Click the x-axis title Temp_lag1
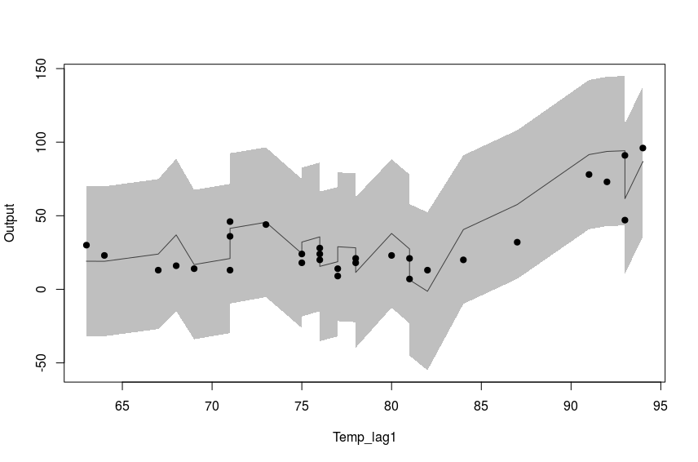click(x=364, y=438)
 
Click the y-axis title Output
click(x=10, y=223)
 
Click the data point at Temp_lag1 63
click(x=86, y=245)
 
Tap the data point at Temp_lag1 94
click(x=643, y=148)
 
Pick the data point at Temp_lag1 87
click(x=517, y=242)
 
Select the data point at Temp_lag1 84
click(x=463, y=260)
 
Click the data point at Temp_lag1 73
click(x=266, y=224)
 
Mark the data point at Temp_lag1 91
click(x=589, y=175)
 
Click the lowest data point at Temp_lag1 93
click(x=625, y=220)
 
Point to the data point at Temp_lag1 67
click(x=158, y=270)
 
